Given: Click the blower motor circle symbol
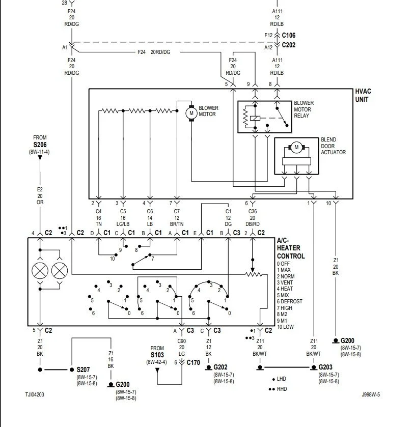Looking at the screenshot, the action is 191,113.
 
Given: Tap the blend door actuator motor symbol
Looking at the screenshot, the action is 296,147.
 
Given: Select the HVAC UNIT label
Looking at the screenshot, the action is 363,95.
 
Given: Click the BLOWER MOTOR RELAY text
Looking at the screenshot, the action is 303,109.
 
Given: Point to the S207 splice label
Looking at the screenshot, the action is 83,369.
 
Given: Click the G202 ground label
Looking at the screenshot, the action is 220,367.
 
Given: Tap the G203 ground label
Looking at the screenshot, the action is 325,367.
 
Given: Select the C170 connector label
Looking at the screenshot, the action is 193,362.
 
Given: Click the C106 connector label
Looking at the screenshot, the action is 289,35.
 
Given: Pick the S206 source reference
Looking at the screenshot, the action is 40,145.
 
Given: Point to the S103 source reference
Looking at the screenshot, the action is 157,355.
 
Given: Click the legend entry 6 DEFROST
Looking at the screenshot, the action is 289,301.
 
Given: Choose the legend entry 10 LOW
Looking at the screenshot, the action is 285,327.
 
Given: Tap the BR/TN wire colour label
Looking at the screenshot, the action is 177,224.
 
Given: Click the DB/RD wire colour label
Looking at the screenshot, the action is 253,224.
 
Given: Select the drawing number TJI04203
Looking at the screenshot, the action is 35,394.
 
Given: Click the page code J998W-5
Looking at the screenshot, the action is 371,394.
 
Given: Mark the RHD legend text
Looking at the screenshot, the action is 282,389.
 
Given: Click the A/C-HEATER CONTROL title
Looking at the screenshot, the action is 291,248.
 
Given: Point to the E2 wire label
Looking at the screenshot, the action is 40,189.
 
